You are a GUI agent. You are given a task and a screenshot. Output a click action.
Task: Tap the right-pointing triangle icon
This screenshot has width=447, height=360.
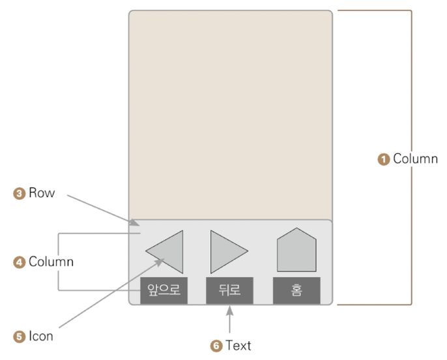[x=226, y=251]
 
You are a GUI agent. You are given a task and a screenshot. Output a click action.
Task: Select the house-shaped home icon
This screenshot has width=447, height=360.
[x=296, y=251]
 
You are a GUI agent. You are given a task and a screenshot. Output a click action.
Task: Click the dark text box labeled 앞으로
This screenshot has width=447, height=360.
[x=164, y=290]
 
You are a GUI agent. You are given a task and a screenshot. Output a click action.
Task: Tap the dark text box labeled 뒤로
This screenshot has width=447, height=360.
[x=230, y=290]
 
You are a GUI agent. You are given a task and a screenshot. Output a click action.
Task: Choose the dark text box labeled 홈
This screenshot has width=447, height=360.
[x=296, y=290]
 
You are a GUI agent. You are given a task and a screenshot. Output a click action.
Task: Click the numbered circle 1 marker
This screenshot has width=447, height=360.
[x=384, y=158]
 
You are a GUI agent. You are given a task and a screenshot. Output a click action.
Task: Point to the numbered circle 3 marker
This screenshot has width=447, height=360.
[x=19, y=194]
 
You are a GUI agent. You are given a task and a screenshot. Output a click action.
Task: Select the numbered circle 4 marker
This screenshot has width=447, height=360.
[x=19, y=262]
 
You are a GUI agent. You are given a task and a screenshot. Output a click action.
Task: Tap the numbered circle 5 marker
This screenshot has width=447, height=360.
[x=19, y=337]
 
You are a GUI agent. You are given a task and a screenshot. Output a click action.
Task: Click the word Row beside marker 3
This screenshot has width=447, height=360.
[x=42, y=194]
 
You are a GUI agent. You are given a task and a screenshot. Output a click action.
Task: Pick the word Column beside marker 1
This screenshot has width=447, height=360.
[x=415, y=158]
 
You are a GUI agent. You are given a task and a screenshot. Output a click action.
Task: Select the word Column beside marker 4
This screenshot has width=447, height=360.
[x=51, y=262]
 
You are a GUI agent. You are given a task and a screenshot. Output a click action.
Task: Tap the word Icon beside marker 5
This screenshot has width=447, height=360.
[x=41, y=337]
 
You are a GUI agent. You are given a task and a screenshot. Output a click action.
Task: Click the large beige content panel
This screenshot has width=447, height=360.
[x=230, y=114]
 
